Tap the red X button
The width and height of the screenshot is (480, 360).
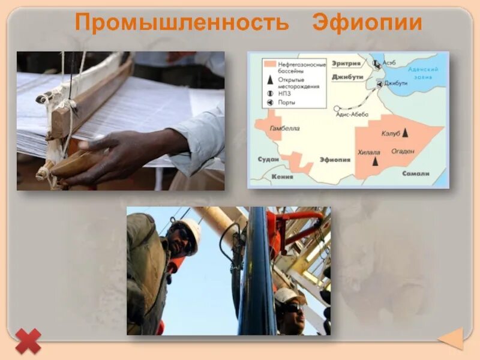(x=28, y=340)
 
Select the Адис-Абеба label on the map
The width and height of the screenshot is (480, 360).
(x=352, y=115)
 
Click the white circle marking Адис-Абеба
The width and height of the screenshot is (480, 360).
(x=337, y=109)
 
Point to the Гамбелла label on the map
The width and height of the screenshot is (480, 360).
(x=284, y=128)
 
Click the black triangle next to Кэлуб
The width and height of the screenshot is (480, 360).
(x=406, y=131)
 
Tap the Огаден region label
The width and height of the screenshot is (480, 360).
(x=403, y=151)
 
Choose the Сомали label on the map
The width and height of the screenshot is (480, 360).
(x=416, y=173)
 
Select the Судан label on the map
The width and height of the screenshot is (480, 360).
(x=267, y=160)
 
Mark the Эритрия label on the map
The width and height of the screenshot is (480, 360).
(x=349, y=62)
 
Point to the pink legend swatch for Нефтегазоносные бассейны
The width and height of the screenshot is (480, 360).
(x=270, y=63)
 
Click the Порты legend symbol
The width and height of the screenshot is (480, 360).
(x=270, y=103)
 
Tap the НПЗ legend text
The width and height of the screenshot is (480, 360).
(x=284, y=93)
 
